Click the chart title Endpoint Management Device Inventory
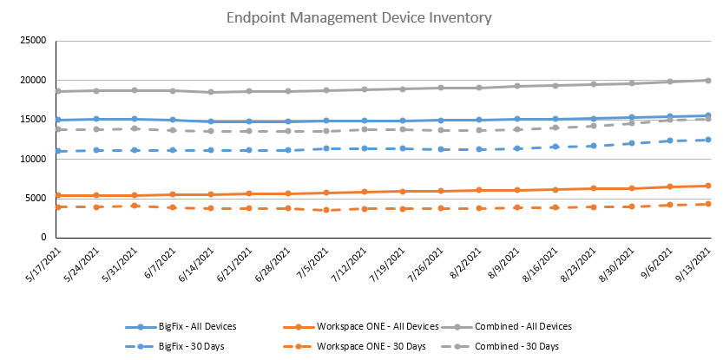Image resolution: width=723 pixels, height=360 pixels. click(359, 16)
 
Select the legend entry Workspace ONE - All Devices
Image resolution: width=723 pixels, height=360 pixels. click(367, 326)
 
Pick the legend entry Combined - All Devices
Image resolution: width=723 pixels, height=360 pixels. click(523, 326)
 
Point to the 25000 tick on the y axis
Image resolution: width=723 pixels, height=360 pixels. click(33, 41)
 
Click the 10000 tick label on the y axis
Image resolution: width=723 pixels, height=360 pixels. click(33, 159)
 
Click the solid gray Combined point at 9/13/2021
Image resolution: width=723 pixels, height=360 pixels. click(708, 81)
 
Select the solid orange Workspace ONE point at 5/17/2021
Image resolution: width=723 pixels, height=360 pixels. click(57, 195)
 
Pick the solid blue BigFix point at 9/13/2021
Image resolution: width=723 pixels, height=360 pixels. click(708, 115)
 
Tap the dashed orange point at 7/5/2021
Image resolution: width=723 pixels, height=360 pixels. click(325, 210)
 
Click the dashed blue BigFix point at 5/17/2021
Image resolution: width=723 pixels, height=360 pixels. click(57, 151)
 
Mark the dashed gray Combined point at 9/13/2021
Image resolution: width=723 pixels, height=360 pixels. click(708, 119)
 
